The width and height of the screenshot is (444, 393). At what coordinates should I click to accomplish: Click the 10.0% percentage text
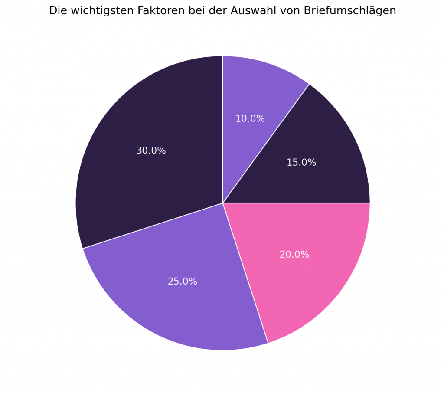tap(250, 119)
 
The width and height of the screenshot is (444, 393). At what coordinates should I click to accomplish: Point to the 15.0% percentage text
tap(301, 163)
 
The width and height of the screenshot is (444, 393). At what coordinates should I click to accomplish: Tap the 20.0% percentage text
tap(294, 255)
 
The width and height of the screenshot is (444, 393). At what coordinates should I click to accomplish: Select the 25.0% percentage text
tap(183, 282)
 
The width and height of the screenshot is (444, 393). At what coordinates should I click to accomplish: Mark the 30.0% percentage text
tap(151, 151)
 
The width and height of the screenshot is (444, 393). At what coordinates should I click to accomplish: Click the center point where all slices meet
tap(223, 203)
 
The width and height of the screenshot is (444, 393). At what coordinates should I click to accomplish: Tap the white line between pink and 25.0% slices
tap(245, 273)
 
